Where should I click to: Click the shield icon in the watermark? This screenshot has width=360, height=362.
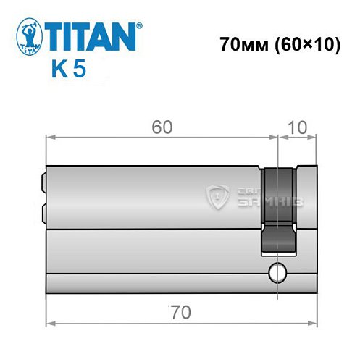coord(216,196)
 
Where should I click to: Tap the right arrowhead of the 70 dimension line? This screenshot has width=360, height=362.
coord(314,323)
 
